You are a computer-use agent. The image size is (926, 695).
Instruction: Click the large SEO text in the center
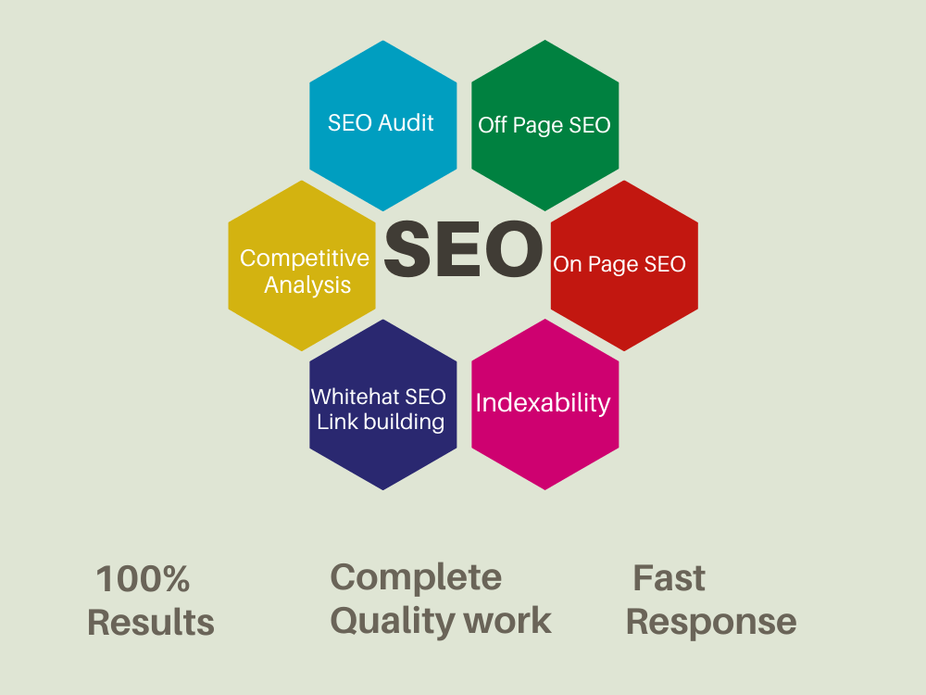[463, 248]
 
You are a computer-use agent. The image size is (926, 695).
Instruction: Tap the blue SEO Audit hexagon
[382, 125]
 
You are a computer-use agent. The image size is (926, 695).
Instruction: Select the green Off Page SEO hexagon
[545, 125]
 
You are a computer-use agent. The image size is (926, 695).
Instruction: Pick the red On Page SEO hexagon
[624, 265]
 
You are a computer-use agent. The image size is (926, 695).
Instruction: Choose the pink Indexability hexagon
[545, 404]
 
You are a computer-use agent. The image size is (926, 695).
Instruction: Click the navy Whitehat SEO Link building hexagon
[382, 404]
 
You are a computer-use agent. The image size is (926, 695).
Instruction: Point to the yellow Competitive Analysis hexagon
[302, 265]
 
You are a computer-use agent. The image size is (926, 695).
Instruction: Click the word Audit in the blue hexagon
[406, 123]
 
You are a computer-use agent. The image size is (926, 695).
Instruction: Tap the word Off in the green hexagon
[493, 125]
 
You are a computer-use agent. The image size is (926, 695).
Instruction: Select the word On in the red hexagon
[568, 264]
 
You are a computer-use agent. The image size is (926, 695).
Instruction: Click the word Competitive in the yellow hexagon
[304, 259]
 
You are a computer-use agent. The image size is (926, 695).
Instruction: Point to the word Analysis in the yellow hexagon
[307, 284]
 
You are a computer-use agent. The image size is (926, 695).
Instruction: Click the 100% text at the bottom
[143, 578]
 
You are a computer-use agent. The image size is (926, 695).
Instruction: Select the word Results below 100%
[151, 623]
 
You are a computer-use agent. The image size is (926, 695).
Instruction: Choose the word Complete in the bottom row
[416, 577]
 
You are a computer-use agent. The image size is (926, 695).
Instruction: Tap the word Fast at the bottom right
[669, 577]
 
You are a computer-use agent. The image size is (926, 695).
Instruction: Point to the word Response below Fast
[711, 623]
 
